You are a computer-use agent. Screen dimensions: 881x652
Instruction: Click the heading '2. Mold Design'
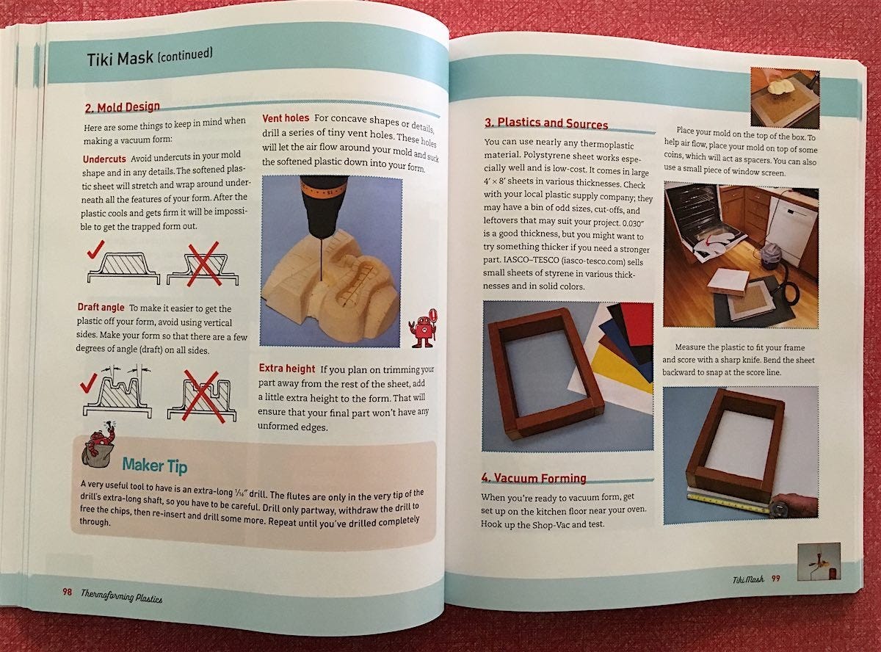(123, 107)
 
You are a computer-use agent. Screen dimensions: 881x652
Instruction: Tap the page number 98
(67, 592)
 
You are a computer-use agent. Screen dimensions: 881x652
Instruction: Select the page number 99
(776, 579)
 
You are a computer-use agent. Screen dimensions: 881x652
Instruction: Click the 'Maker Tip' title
(154, 466)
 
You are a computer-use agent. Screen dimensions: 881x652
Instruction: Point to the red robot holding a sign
(423, 328)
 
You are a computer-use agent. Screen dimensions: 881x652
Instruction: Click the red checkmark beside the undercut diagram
(95, 250)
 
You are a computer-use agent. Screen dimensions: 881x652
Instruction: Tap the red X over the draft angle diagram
(201, 395)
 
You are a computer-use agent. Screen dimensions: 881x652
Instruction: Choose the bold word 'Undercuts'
(104, 159)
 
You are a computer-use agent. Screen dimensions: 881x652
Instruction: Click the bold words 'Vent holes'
(286, 118)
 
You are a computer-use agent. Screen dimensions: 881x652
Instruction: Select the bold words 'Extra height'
(287, 369)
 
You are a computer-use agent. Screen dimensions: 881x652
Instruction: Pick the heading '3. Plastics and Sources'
(546, 123)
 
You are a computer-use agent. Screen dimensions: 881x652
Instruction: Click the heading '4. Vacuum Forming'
(534, 478)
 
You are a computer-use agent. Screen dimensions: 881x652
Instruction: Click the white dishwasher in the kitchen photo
(791, 232)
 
